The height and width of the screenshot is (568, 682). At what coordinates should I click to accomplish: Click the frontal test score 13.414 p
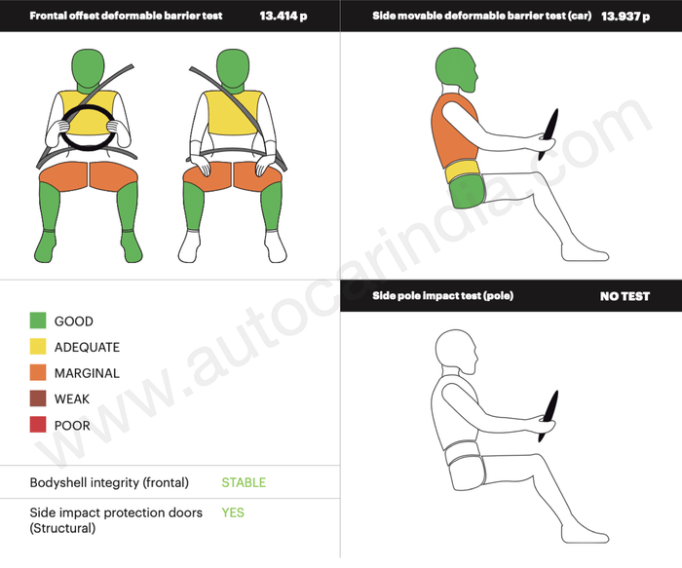(x=284, y=17)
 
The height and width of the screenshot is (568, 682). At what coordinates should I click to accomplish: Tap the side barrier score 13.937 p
(x=625, y=17)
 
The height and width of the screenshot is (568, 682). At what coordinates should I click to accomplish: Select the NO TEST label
(x=625, y=296)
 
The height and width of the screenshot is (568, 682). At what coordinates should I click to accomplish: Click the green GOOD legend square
(x=38, y=321)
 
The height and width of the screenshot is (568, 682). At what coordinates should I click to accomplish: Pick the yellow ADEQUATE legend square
(x=38, y=347)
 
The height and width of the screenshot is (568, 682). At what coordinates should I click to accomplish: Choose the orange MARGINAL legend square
(x=38, y=373)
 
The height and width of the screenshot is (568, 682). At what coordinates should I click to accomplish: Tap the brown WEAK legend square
(x=38, y=398)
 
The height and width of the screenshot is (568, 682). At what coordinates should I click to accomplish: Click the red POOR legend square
(x=38, y=425)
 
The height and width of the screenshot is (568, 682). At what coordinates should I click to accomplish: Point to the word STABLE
(x=244, y=482)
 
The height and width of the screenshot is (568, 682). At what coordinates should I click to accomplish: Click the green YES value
(x=233, y=512)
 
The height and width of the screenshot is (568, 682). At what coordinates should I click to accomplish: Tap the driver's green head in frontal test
(x=89, y=69)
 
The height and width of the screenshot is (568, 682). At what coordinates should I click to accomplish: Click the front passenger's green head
(x=233, y=69)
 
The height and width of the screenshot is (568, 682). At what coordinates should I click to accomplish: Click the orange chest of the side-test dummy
(x=455, y=133)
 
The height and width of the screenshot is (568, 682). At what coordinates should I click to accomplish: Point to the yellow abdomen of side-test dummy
(x=463, y=171)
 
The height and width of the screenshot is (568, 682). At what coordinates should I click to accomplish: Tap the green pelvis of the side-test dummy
(x=468, y=191)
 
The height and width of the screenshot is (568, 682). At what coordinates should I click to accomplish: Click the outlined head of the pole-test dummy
(x=456, y=352)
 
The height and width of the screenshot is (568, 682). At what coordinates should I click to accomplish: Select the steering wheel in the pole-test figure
(x=549, y=416)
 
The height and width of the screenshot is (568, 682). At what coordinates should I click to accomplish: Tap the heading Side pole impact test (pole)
(x=442, y=296)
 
